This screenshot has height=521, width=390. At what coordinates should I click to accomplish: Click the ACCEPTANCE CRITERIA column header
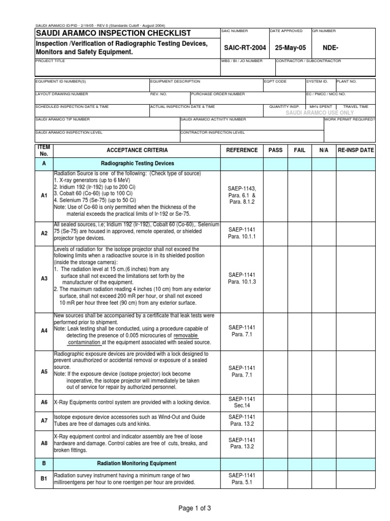click(137, 151)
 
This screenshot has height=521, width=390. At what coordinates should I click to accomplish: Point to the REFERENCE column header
click(242, 151)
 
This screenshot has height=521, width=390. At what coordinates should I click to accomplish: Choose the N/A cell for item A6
click(324, 402)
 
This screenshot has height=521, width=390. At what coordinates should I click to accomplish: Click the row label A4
click(44, 330)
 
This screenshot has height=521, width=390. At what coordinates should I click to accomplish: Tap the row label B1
click(44, 479)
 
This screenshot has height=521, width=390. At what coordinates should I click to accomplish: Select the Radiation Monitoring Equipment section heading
click(137, 464)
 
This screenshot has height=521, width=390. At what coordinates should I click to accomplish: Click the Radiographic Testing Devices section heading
click(137, 163)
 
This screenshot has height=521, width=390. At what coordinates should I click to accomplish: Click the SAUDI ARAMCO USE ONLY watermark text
click(319, 112)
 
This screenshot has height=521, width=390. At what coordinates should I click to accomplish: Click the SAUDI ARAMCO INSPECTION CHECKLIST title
click(113, 33)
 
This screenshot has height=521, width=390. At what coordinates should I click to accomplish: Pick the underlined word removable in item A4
click(185, 336)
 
